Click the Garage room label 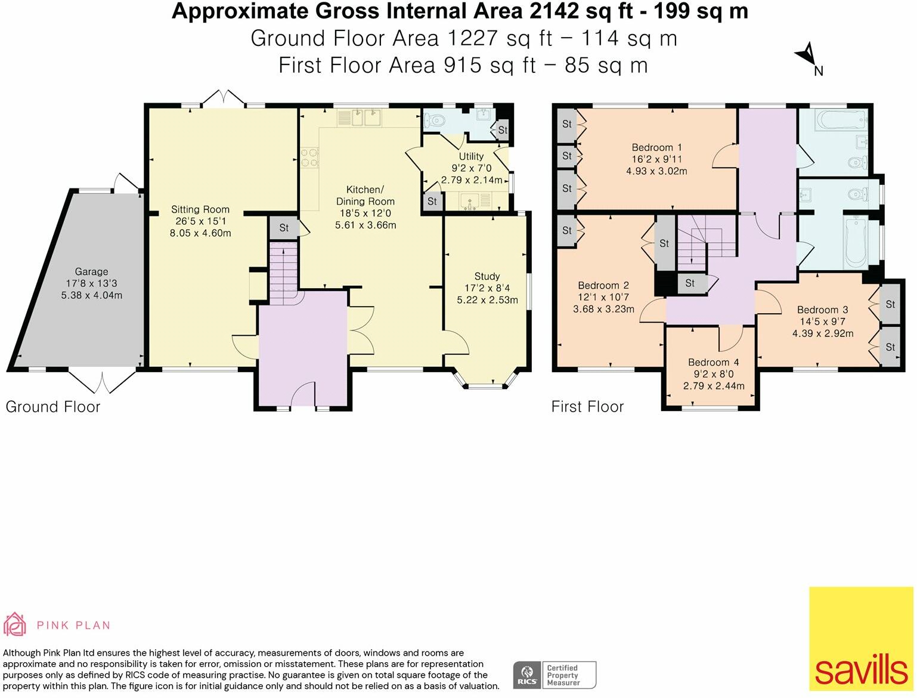tap(91, 271)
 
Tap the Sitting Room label tap(200, 209)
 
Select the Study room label tap(487, 276)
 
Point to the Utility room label tap(471, 156)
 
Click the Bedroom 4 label tap(714, 362)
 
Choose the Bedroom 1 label tap(656, 147)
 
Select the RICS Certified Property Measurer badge tap(555, 675)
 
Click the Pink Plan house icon tap(15, 625)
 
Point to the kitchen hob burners tap(309, 157)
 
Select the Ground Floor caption tap(53, 407)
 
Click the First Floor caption tap(587, 407)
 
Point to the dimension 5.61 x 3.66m tap(365, 225)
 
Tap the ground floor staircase tap(284, 274)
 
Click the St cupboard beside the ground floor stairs tap(284, 228)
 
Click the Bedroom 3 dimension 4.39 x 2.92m tap(823, 333)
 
